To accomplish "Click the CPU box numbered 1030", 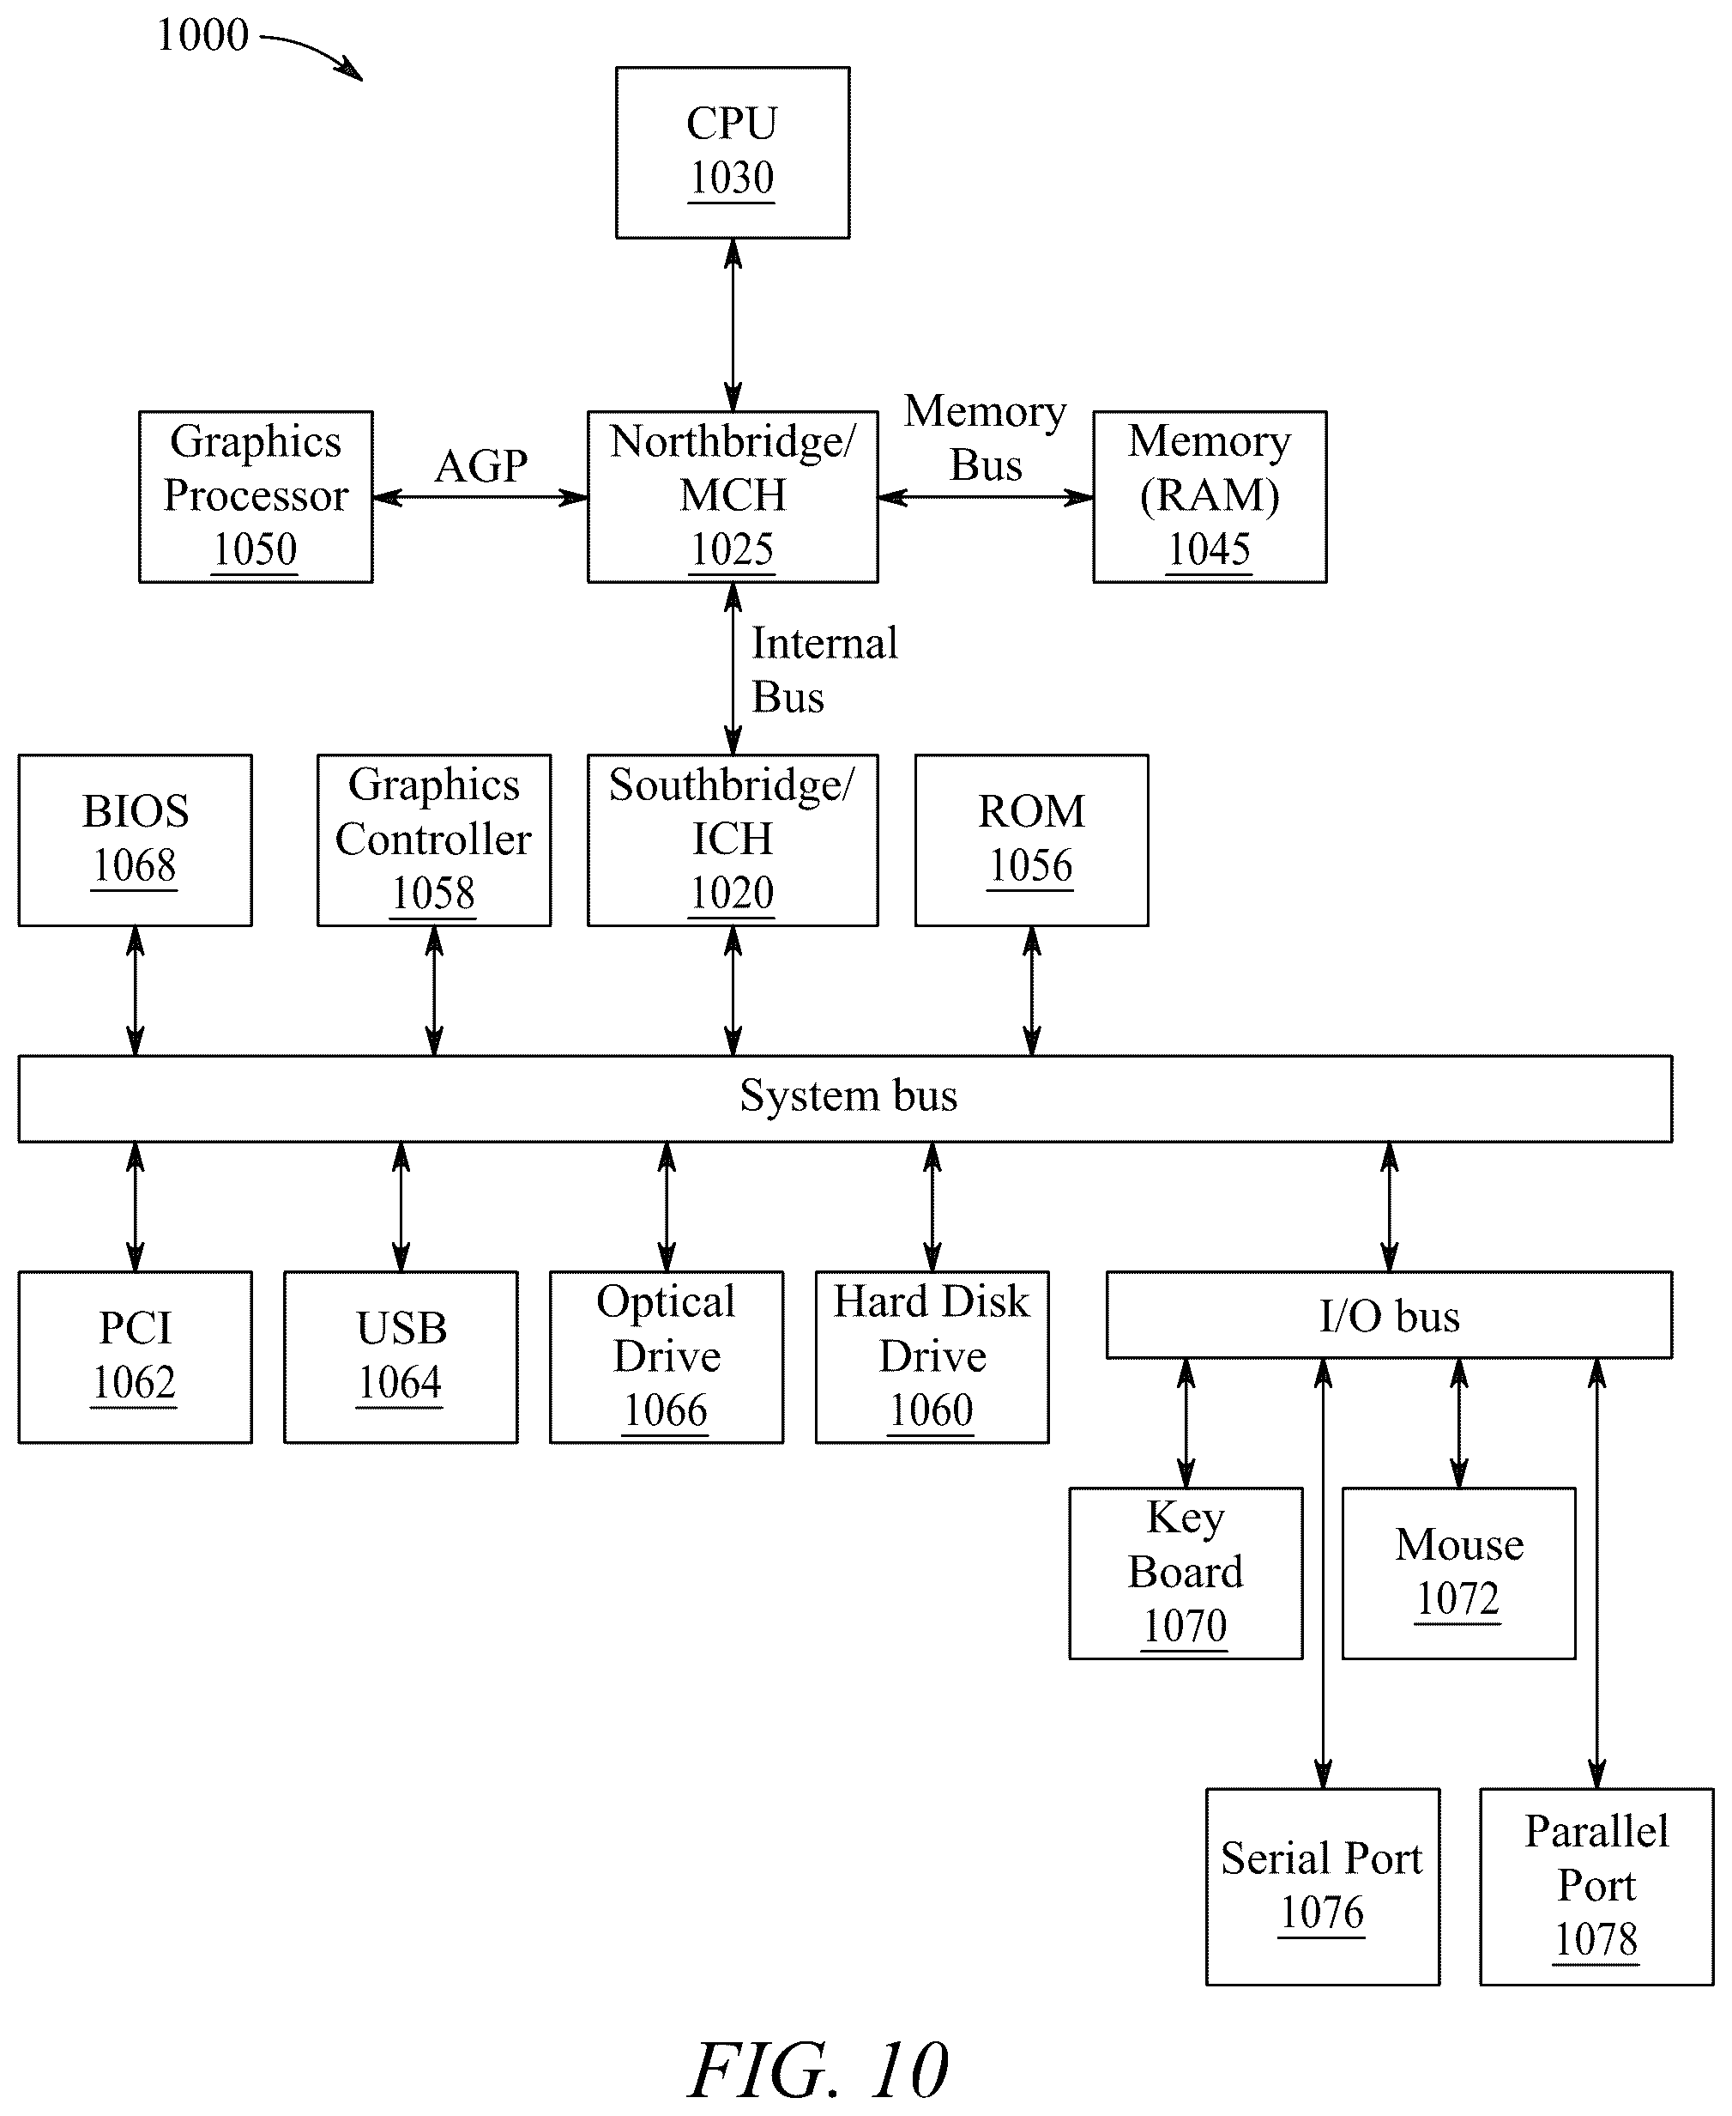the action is tap(733, 153).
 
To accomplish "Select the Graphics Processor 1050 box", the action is tap(256, 496).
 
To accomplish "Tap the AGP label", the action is tap(481, 465).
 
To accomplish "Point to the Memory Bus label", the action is tap(986, 437).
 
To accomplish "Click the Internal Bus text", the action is tap(824, 669).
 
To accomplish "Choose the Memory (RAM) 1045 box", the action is tap(1210, 496).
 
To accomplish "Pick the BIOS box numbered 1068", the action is tap(135, 840).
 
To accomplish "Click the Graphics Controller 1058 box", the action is tap(434, 840).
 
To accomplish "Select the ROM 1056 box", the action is tap(1032, 840).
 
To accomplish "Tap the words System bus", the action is tap(848, 1095).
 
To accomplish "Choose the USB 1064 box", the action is tap(401, 1356).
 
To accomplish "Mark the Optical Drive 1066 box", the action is tap(667, 1356).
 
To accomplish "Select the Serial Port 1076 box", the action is tap(1323, 1887).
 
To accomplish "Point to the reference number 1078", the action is tap(1596, 1939).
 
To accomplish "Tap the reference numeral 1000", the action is tap(202, 35).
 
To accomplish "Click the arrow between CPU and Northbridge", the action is tap(733, 324).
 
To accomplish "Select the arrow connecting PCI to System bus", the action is tap(136, 1207).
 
